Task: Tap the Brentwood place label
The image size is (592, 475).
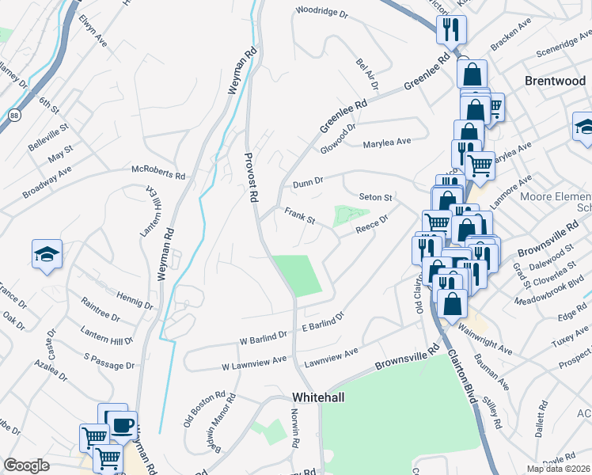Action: [x=555, y=81]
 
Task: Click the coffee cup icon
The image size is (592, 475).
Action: [x=122, y=425]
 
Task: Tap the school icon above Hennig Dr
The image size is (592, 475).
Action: [x=47, y=254]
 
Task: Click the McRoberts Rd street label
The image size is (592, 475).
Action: [x=158, y=173]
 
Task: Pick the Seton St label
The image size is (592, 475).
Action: [x=376, y=197]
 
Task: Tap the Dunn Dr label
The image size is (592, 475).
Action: [x=309, y=182]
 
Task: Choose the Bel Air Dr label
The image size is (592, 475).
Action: [x=367, y=73]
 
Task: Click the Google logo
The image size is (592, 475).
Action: [x=27, y=465]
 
